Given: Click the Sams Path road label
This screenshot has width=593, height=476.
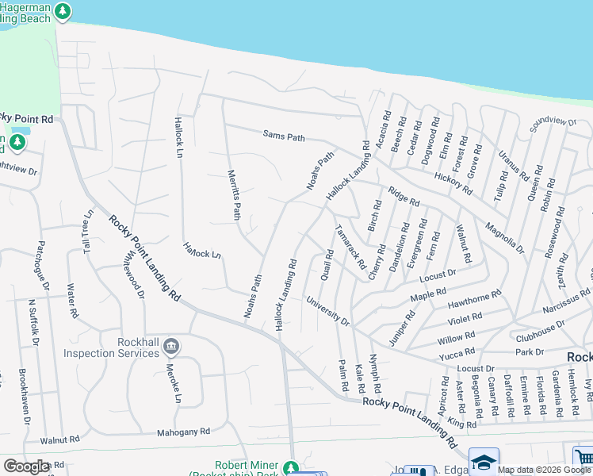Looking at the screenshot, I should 284,137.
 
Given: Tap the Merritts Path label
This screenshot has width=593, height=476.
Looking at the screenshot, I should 234,195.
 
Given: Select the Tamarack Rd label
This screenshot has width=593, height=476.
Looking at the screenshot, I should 350,247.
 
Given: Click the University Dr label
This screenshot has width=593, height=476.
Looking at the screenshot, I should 327,311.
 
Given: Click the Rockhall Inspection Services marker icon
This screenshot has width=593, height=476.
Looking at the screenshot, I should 173,347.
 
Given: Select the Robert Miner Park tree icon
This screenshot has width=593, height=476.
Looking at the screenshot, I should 291,466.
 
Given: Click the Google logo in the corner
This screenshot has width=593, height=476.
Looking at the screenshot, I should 26,466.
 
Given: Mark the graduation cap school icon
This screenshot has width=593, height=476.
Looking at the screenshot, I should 484,460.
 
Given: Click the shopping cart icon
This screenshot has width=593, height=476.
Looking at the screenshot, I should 583,458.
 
